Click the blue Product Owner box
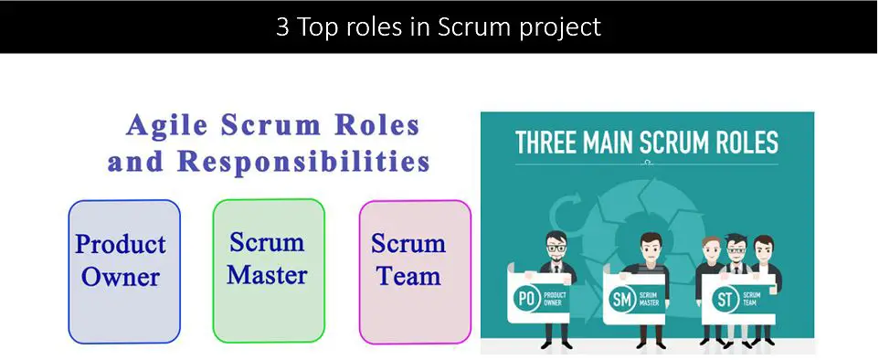click(124, 271)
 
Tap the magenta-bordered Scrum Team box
click(414, 271)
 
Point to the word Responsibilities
click(303, 162)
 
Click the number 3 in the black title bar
click(282, 26)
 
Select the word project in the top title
click(558, 27)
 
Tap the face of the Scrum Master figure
click(650, 250)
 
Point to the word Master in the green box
click(268, 275)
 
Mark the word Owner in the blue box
click(121, 278)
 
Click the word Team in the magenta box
click(408, 276)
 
